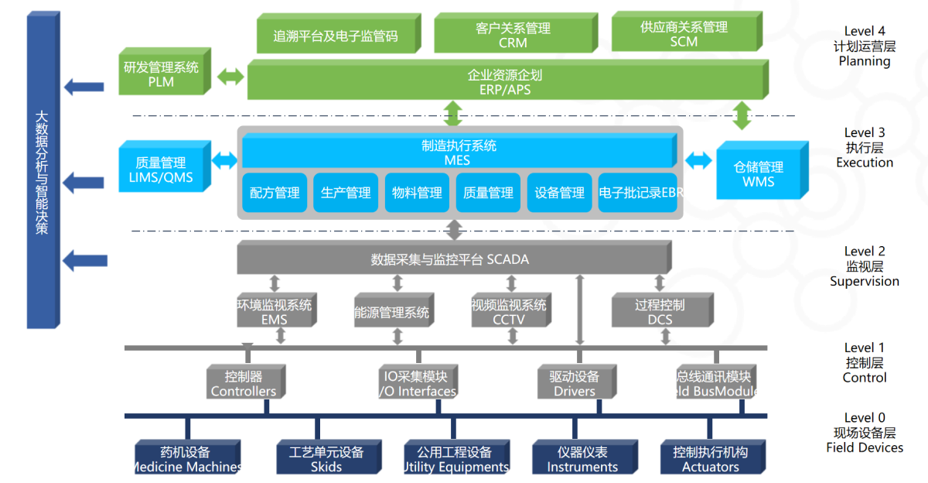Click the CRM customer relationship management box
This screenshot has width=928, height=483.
[513, 34]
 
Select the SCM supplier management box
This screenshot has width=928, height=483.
[684, 34]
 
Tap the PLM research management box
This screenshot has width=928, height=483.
[161, 74]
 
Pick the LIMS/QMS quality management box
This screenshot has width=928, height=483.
[161, 170]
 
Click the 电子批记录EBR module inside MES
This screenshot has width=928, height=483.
[640, 193]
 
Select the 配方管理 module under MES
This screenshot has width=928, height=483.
[275, 193]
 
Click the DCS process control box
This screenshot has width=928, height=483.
[660, 311]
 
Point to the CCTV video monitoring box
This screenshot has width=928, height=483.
[509, 311]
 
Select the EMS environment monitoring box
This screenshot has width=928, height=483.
[275, 311]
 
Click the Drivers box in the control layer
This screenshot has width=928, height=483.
[574, 383]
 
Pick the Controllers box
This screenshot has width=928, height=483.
[244, 383]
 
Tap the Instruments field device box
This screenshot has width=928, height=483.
[582, 458]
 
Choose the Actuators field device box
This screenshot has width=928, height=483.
[710, 458]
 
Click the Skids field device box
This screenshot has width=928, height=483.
[326, 458]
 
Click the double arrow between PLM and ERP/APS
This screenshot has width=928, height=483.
[230, 77]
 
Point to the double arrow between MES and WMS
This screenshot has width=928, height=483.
[698, 160]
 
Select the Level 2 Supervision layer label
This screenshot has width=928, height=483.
[865, 265]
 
